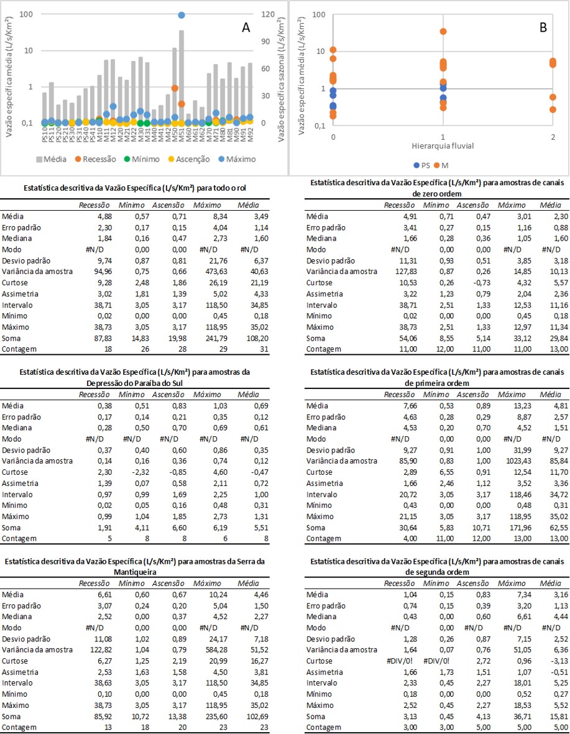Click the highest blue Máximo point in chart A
coord(182,15)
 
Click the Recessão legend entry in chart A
coord(95,159)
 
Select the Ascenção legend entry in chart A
coord(189,159)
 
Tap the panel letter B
coord(543,27)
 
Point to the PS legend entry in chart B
coord(421,165)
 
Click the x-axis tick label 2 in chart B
coord(553,137)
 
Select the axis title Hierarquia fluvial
coord(443,146)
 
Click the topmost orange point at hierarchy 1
coord(443,31)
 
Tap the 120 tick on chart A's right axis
coord(268,14)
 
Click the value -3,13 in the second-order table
coord(559,661)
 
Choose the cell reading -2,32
coord(139,472)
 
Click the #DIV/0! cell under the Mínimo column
coord(436,661)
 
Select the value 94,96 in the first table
coord(99,272)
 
